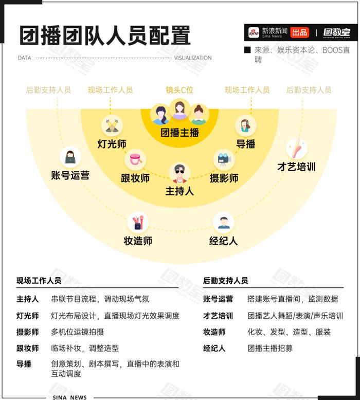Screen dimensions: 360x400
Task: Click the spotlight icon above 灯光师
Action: [x=112, y=125]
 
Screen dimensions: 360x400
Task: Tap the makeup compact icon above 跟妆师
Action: [x=135, y=160]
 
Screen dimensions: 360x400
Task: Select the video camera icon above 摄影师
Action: [x=224, y=160]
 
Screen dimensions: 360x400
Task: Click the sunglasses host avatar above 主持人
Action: [x=179, y=173]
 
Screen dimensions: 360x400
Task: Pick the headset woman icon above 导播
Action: [x=245, y=125]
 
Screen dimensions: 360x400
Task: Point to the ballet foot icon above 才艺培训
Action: [x=296, y=149]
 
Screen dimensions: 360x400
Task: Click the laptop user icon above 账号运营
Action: [x=70, y=157]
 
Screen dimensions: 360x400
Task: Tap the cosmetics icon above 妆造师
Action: [x=138, y=223]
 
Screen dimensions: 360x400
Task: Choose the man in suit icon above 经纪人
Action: [x=224, y=223]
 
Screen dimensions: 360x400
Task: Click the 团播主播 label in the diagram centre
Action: [x=179, y=133]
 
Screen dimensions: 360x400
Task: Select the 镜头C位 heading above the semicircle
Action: [x=179, y=90]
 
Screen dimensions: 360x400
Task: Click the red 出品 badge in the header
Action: [x=299, y=32]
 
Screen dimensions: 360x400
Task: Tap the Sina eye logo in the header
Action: [x=254, y=32]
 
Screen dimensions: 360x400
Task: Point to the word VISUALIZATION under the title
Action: [x=193, y=58]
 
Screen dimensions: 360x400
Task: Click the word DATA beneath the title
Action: [x=25, y=58]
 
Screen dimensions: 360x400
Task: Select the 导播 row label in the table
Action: [x=24, y=364]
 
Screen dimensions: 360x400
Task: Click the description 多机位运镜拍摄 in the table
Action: [x=77, y=332]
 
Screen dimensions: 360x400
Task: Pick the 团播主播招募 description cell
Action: [x=270, y=348]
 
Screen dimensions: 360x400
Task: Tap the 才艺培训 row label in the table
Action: [x=218, y=316]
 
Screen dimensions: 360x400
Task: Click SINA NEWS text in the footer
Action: [x=69, y=397]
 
